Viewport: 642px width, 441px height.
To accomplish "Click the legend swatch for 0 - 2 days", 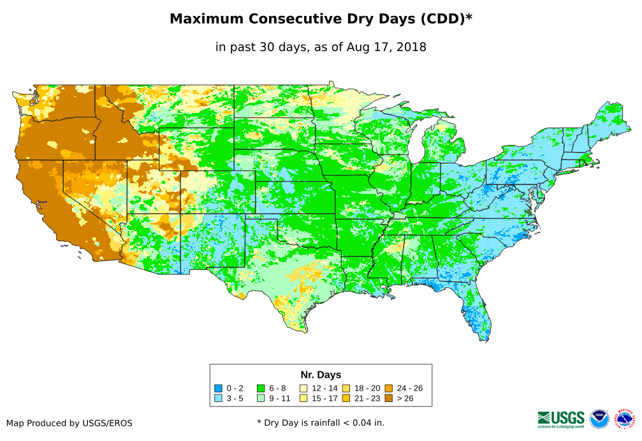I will pos(218,388).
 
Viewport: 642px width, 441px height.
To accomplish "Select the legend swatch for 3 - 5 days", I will pos(218,398).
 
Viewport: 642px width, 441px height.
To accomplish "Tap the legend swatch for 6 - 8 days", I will pos(261,388).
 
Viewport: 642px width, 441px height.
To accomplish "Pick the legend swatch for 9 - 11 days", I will pos(261,398).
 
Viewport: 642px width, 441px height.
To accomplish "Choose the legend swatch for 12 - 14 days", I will pos(303,388).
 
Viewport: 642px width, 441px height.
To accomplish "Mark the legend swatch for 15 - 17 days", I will pos(303,398).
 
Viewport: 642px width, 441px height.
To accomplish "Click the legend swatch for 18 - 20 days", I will pos(346,388).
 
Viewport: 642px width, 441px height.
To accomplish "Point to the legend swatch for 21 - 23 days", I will pos(346,398).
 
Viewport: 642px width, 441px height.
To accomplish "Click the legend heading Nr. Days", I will pos(321,375).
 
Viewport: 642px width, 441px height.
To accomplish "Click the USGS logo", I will pos(561,419).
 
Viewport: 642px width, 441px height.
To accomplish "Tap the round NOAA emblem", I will pos(599,419).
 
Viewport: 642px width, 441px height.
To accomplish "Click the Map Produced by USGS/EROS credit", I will pos(69,422).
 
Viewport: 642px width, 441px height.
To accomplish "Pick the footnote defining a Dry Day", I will pos(321,422).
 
